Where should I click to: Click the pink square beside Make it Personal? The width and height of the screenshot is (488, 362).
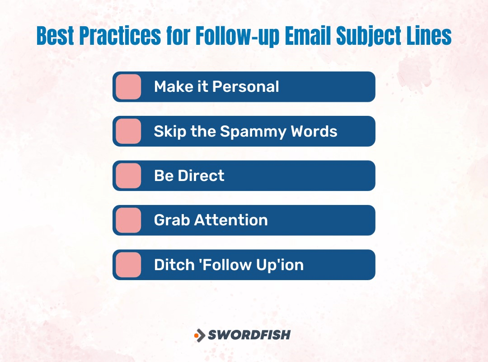click(128, 86)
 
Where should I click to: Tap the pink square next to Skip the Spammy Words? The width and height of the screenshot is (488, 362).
click(128, 131)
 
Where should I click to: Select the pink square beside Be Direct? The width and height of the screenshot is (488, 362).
click(128, 176)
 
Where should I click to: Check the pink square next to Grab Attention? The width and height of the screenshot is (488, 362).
click(128, 220)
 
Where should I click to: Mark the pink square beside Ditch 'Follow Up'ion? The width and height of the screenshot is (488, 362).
click(128, 265)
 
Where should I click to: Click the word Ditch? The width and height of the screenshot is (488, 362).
click(169, 265)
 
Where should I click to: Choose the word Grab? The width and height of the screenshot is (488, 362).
click(172, 220)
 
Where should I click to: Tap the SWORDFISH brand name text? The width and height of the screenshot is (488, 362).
click(249, 335)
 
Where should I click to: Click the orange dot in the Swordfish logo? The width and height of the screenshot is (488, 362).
click(197, 335)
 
